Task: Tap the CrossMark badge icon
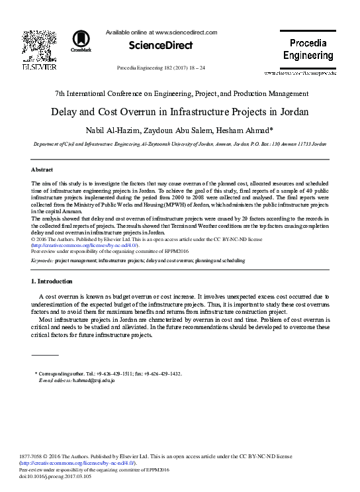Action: pyautogui.click(x=82, y=41)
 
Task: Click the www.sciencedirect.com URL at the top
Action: pyautogui.click(x=186, y=32)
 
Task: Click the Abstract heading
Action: pyautogui.click(x=42, y=170)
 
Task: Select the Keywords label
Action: pyautogui.click(x=42, y=261)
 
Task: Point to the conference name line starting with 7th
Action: pyautogui.click(x=180, y=93)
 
